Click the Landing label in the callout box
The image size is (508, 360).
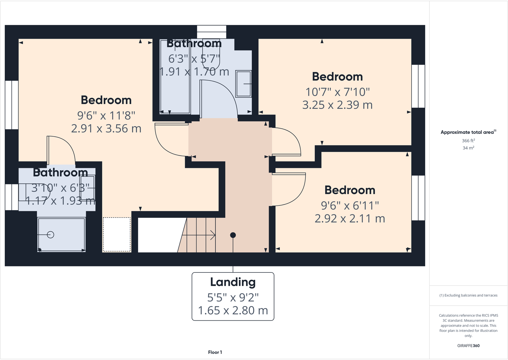point(233,282)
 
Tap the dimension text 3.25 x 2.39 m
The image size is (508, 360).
point(337,105)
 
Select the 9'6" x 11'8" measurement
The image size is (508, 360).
point(106,115)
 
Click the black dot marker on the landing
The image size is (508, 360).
point(233,235)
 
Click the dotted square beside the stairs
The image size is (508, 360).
point(117,234)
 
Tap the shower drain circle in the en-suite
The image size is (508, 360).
point(50,235)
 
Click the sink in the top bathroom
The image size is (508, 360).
point(243,84)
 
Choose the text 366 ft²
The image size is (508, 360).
point(468,141)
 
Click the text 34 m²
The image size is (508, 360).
point(468,148)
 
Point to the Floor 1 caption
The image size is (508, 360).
point(215,352)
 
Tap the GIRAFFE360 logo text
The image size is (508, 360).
point(468,346)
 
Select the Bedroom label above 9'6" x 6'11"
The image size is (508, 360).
point(350,190)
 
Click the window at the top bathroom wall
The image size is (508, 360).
point(212,32)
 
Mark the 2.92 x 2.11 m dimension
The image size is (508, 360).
point(350,218)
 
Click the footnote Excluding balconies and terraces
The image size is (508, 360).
point(468,295)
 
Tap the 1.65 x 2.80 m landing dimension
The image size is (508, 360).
point(233,310)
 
